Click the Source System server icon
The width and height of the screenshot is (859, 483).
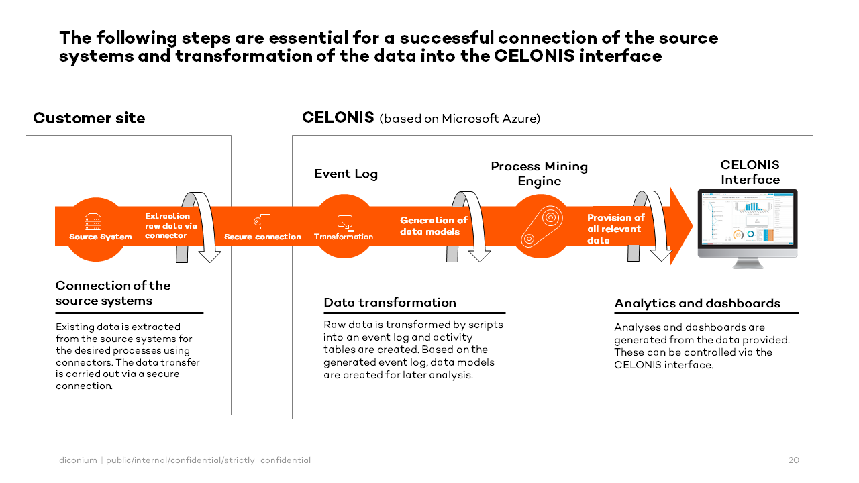(93, 222)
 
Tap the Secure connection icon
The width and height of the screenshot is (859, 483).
(262, 221)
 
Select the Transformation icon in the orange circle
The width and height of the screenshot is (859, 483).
(344, 222)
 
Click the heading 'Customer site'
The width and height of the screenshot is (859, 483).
(89, 119)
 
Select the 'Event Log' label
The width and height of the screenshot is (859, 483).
(346, 174)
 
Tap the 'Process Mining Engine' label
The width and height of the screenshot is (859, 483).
(539, 174)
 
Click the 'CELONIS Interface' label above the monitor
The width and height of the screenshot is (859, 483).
(750, 172)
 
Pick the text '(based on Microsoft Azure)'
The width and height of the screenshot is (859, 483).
(460, 119)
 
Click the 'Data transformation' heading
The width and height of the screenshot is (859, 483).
(389, 303)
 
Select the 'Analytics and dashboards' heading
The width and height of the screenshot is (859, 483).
(697, 303)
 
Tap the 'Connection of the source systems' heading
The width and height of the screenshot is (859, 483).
(113, 293)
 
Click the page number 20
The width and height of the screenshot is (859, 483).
(793, 460)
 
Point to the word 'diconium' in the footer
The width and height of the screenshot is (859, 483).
(78, 460)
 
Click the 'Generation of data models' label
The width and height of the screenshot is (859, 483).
(433, 226)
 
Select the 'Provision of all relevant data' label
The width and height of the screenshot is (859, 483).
(615, 229)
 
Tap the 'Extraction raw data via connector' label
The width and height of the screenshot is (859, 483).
(170, 226)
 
